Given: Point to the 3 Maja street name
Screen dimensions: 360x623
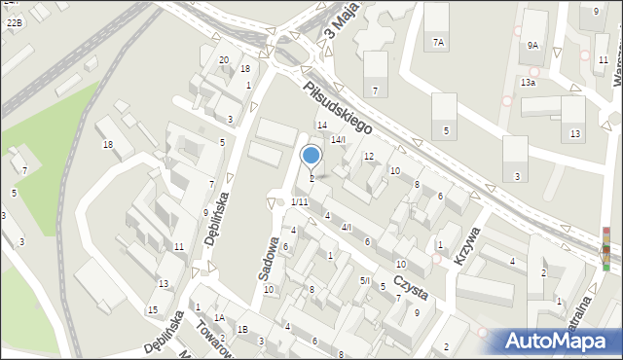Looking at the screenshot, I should (x=336, y=24).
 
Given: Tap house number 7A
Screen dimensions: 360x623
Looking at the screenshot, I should (x=438, y=43).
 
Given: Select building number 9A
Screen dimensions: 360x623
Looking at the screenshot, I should (x=532, y=45).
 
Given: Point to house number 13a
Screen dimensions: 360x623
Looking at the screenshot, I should (x=527, y=83).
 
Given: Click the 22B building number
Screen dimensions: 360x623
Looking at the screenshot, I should (x=14, y=20).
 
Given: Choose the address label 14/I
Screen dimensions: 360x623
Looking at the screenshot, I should (x=337, y=140).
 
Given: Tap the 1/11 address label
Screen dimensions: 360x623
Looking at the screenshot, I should (x=299, y=201).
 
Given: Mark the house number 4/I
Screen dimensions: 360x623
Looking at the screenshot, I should (x=346, y=227).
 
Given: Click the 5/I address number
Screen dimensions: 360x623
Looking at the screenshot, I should (x=365, y=280).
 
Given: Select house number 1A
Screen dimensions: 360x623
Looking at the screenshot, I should (x=220, y=317).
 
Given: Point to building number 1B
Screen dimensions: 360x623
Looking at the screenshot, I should (x=242, y=330).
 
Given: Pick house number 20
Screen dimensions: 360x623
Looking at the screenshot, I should (x=224, y=60).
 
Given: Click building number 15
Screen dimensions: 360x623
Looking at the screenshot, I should (x=152, y=309).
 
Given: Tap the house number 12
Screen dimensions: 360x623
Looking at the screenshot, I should (x=368, y=156).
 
